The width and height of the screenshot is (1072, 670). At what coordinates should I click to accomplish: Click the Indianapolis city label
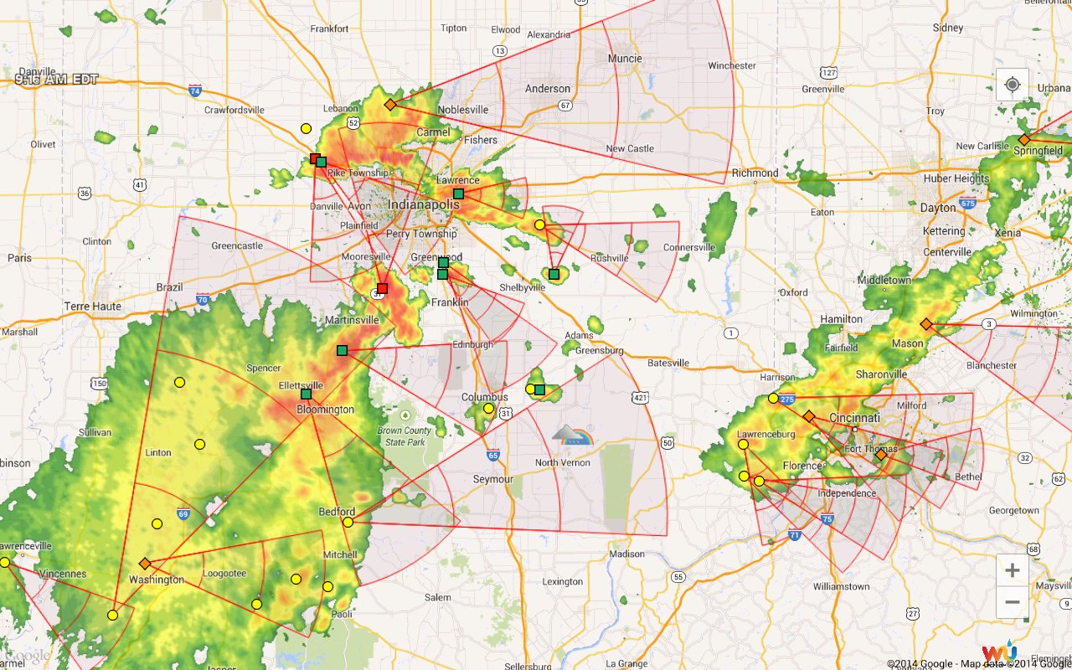[424, 204]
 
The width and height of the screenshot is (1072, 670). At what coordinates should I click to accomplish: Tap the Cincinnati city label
[854, 417]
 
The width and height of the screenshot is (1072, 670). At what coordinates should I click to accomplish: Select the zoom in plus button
[1012, 570]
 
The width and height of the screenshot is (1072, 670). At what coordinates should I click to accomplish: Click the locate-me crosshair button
[1012, 85]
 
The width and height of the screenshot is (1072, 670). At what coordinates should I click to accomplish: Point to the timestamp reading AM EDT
[56, 80]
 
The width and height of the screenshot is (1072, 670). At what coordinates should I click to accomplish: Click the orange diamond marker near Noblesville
[389, 105]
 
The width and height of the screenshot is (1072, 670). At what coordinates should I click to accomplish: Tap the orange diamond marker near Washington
[144, 564]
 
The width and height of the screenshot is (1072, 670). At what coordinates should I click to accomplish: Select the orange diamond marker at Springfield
[1023, 140]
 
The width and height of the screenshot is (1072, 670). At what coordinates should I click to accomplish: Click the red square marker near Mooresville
[382, 288]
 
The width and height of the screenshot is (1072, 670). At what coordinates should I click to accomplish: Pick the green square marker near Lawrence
[458, 193]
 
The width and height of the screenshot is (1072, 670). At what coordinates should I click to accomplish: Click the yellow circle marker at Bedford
[348, 522]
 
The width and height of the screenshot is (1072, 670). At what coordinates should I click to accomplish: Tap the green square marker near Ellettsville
[306, 394]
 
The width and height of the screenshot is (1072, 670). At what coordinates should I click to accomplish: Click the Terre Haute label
[92, 307]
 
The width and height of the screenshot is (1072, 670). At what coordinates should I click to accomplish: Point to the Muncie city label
[625, 59]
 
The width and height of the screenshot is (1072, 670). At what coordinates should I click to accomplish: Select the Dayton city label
[937, 208]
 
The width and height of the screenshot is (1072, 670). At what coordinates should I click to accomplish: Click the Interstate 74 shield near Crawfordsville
[195, 90]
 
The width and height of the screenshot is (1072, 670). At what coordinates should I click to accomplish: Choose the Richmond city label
[755, 173]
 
